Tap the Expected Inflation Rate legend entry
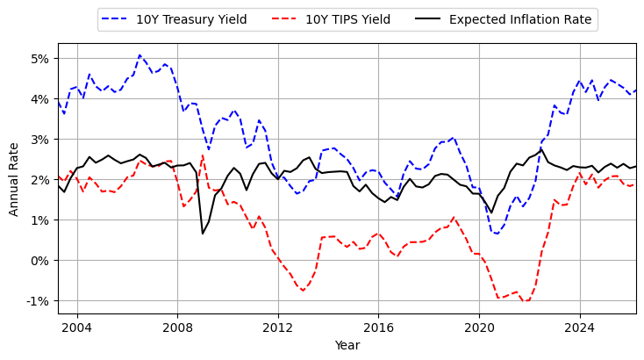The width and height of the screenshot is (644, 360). point(520,19)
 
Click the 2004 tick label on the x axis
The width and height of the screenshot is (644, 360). point(77,328)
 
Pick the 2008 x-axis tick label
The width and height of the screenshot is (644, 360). point(177,328)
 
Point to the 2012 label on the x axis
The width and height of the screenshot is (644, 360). point(278,328)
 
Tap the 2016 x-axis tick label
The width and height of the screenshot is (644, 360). point(378,328)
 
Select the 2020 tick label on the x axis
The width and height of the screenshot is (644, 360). point(479,328)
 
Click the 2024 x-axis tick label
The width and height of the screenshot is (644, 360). point(579,328)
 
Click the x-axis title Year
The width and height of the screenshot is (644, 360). point(347,346)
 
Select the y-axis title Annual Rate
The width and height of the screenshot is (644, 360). point(14,178)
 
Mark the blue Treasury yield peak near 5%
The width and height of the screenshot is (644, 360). point(140,55)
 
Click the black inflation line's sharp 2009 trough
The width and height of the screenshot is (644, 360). point(203,233)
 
